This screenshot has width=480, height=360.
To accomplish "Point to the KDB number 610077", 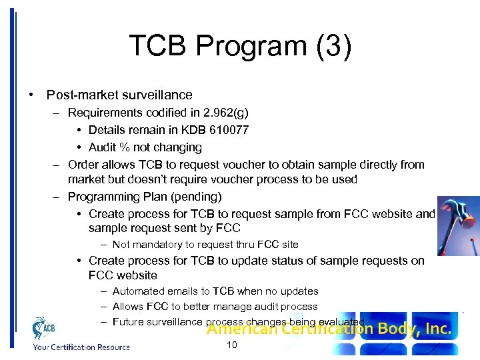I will (227, 130).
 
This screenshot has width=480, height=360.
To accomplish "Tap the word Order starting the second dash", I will (83, 165).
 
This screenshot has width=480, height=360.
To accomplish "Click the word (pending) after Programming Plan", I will (198, 197).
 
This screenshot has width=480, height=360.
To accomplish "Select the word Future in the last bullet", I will (129, 322).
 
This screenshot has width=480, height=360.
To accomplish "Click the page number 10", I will (232, 345).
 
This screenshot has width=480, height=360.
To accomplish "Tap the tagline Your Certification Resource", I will (82, 347).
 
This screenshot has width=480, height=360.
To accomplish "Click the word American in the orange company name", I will (237, 329).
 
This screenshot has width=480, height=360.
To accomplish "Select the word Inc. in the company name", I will (437, 329).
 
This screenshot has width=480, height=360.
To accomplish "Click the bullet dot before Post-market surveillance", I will (33, 95).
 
